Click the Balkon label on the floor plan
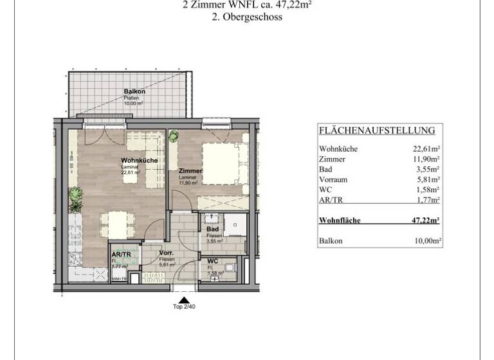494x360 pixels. [x=135, y=92]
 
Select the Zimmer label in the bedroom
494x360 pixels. [x=190, y=171]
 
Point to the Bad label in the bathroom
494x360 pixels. [x=213, y=230]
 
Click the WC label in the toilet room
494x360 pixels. [x=213, y=262]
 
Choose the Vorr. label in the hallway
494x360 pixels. [x=167, y=253]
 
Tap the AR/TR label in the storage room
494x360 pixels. [x=121, y=255]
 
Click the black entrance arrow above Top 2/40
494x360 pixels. [x=185, y=299]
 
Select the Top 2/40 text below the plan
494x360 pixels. [x=185, y=307]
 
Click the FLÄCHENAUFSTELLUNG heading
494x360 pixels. [x=377, y=130]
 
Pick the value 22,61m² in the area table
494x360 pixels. [x=426, y=148]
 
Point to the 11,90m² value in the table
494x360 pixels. [x=426, y=159]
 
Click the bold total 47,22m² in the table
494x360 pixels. [x=425, y=221]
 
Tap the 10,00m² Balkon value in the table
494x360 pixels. [x=426, y=241]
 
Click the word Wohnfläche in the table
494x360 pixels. [x=340, y=221]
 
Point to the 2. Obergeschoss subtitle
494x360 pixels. [x=247, y=18]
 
